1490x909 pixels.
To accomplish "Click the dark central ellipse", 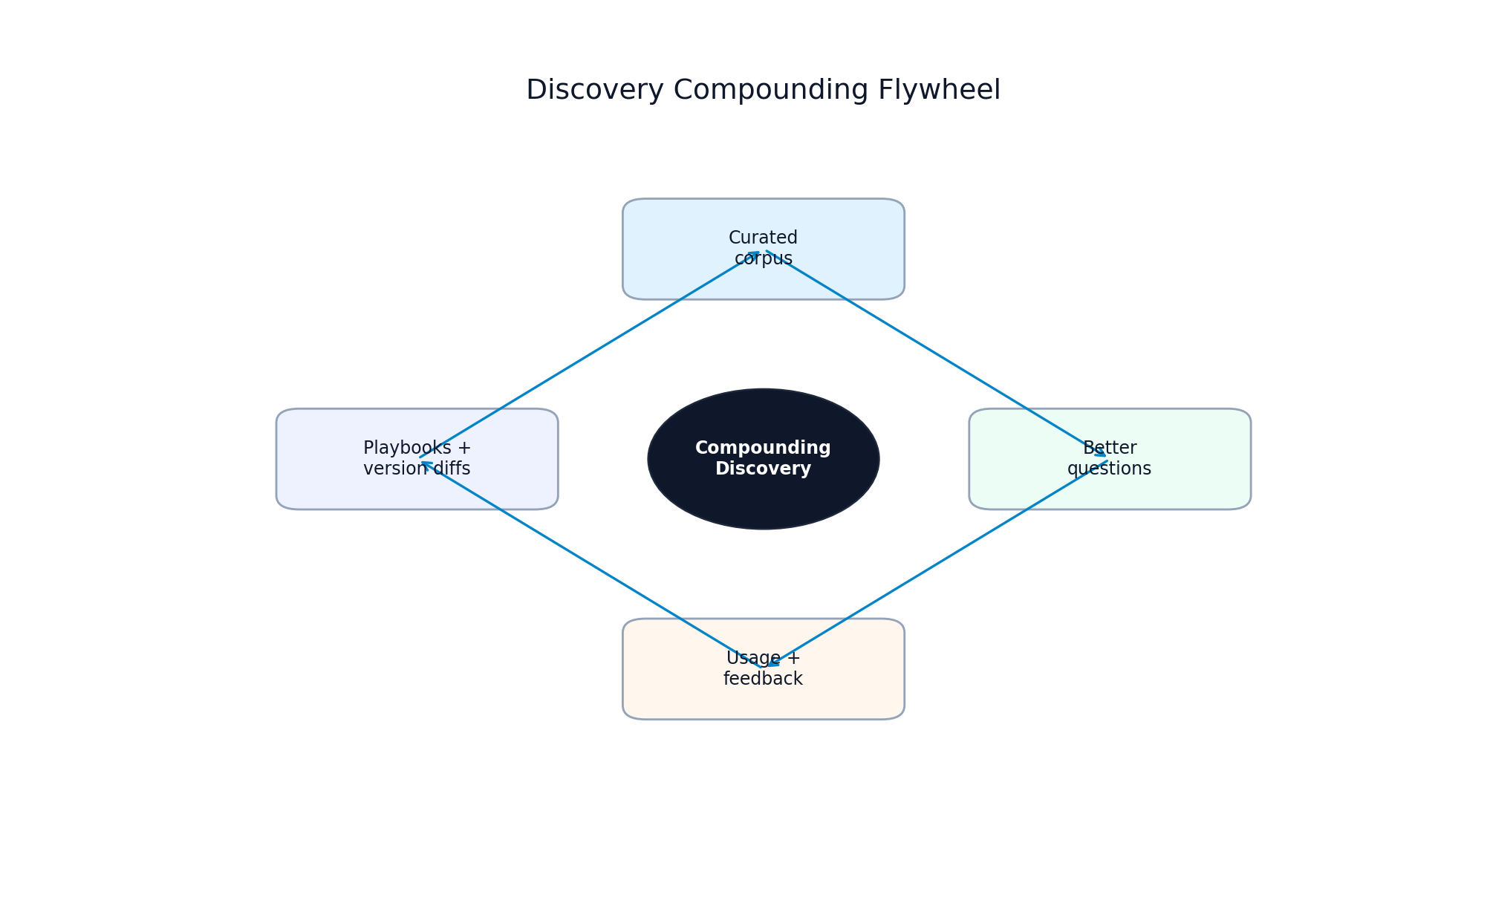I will pos(763,505).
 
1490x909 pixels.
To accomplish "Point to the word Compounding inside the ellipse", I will pos(763,449).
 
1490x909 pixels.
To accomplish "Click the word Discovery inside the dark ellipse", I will pos(763,469).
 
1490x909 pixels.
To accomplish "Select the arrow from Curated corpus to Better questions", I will pos(936,353).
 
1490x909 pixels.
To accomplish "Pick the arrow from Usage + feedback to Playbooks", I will pos(591,564).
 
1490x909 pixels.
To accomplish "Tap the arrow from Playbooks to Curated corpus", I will pos(591,353).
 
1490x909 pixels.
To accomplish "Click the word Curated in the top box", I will pos(763,238).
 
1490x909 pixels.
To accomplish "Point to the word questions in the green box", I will pos(1109,469).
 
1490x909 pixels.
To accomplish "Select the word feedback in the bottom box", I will pos(763,679).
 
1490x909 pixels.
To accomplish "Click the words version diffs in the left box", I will pos(417,469).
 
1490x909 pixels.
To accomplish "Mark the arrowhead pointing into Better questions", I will pos(1102,452).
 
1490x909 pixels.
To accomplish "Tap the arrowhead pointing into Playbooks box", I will pos(426,464).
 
